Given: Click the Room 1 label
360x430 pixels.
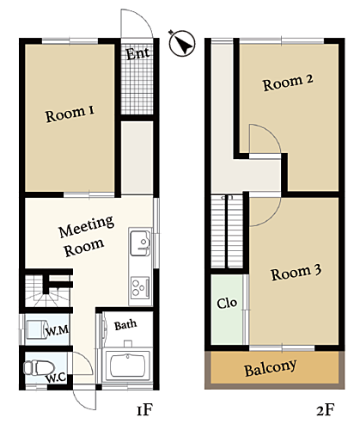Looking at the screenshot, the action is click(x=70, y=114).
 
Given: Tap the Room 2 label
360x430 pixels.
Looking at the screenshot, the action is click(x=288, y=83).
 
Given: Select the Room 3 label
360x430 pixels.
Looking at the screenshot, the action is click(x=296, y=273).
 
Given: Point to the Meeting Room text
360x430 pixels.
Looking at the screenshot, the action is click(x=85, y=236).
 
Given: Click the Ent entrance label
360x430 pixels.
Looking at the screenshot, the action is click(x=137, y=53).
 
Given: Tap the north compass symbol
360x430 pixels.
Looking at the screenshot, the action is click(x=182, y=43).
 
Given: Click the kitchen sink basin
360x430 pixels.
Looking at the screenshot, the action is click(x=140, y=243).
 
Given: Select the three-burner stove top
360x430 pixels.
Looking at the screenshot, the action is click(x=140, y=286).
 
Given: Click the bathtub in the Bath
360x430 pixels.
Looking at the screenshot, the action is click(x=127, y=365).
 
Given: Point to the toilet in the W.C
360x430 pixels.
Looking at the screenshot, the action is click(x=39, y=367).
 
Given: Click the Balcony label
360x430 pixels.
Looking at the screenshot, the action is click(x=270, y=368).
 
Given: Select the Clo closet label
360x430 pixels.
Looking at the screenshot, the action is click(x=227, y=303).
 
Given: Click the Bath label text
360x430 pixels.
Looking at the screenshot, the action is click(x=125, y=325).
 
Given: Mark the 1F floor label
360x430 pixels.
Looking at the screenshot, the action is click(x=145, y=409).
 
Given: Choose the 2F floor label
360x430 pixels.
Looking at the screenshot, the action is click(x=326, y=410).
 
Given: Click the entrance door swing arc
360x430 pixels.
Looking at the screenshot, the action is click(x=142, y=16).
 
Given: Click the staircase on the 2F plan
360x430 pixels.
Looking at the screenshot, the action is click(x=227, y=231).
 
